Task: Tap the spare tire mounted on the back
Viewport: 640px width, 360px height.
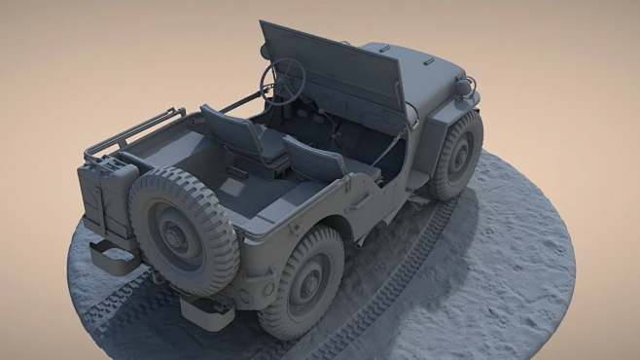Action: (x=183, y=230)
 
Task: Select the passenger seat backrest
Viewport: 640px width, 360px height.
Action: (x=313, y=159)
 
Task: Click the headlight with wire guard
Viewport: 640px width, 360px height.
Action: (x=466, y=88)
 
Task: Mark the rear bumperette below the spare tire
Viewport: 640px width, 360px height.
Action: (x=205, y=311)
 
